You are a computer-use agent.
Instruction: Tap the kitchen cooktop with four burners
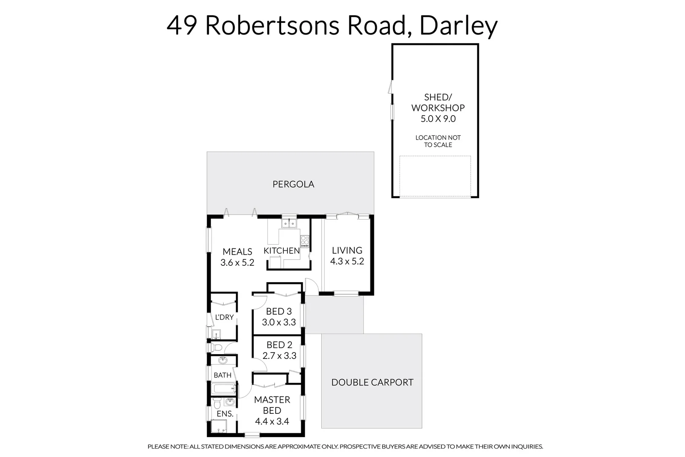pyautogui.click(x=304, y=242)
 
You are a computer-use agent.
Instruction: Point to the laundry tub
pyautogui.click(x=216, y=334)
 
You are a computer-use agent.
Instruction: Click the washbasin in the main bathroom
pyautogui.click(x=222, y=361)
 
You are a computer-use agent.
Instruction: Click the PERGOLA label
pyautogui.click(x=293, y=184)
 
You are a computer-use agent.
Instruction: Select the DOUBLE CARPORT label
pyautogui.click(x=372, y=383)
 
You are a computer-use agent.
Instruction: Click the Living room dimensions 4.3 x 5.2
pyautogui.click(x=347, y=262)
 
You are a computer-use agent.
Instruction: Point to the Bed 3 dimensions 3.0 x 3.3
pyautogui.click(x=279, y=322)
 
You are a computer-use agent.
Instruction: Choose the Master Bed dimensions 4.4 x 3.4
pyautogui.click(x=272, y=421)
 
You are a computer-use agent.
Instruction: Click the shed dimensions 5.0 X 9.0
pyautogui.click(x=438, y=119)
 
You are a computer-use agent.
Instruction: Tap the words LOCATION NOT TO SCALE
pyautogui.click(x=438, y=141)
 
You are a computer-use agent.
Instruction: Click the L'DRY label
pyautogui.click(x=224, y=317)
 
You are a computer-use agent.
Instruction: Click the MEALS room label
pyautogui.click(x=237, y=252)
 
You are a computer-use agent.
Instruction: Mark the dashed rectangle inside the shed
pyautogui.click(x=435, y=176)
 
